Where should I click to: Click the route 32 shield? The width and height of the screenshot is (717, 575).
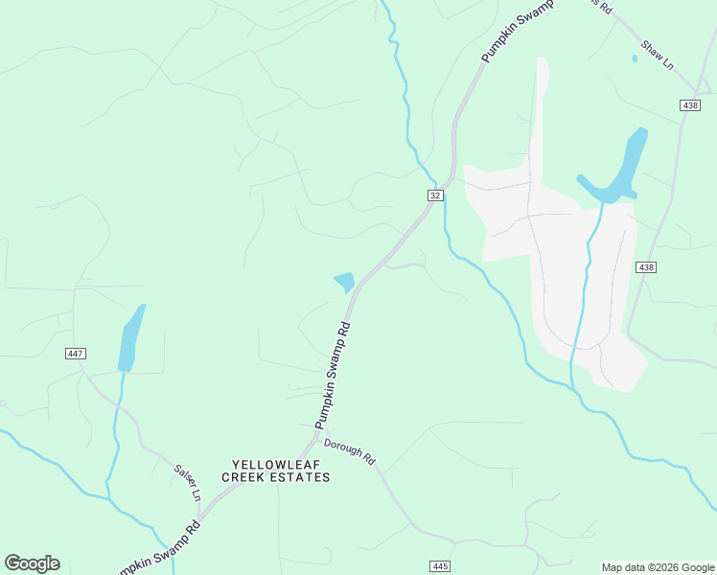pyautogui.click(x=435, y=195)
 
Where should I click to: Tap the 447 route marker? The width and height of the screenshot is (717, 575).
pyautogui.click(x=76, y=354)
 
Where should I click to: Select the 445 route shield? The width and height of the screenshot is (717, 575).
pyautogui.click(x=440, y=566)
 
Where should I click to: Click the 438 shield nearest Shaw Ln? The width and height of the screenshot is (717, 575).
pyautogui.click(x=690, y=105)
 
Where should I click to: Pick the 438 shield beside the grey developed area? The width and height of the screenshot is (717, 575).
pyautogui.click(x=645, y=267)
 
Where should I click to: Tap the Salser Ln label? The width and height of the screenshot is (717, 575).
pyautogui.click(x=187, y=482)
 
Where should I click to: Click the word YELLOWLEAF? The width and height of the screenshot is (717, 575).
pyautogui.click(x=262, y=463)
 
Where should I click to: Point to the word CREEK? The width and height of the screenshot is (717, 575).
pyautogui.click(x=243, y=477)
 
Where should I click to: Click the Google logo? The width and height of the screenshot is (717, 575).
pyautogui.click(x=32, y=563)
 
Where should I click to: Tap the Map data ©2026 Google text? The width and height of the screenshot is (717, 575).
pyautogui.click(x=658, y=567)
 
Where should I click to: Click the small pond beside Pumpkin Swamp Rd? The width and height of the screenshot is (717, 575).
pyautogui.click(x=344, y=283)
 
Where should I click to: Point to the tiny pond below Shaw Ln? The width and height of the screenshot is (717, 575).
pyautogui.click(x=635, y=58)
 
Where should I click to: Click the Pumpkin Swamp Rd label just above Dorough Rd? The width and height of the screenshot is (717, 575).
pyautogui.click(x=333, y=376)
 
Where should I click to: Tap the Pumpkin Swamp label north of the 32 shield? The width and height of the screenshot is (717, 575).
pyautogui.click(x=518, y=38)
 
